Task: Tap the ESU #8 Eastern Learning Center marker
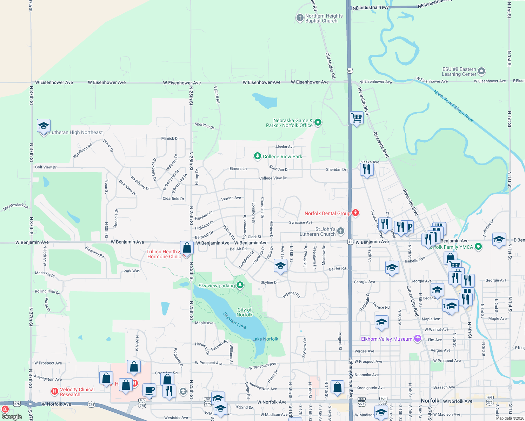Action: point(481,71)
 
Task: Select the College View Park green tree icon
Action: point(258,156)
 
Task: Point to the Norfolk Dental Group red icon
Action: point(355,213)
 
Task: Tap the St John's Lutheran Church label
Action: point(318,232)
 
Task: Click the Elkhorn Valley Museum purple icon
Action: point(417,339)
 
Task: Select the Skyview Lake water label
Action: point(235,321)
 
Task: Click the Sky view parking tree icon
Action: point(240,285)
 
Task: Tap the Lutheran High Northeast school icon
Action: point(44,126)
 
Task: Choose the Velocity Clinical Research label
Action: point(77,392)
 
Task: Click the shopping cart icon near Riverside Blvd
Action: point(357,118)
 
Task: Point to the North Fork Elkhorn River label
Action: point(453,106)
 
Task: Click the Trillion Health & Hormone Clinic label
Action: point(164,254)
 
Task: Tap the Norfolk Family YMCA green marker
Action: point(478,247)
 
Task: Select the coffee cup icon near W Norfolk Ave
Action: point(149,390)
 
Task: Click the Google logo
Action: point(12,417)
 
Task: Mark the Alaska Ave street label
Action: point(285,147)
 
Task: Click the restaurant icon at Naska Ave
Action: point(367,169)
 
